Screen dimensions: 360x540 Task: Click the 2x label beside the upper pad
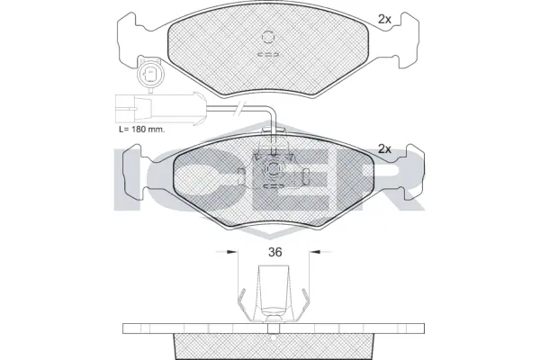(383, 18)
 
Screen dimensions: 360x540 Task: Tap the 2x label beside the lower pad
(383, 148)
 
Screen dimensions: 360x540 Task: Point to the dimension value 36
(275, 253)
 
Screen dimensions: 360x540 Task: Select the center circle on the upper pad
(269, 38)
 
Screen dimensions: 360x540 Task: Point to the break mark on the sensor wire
(238, 110)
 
